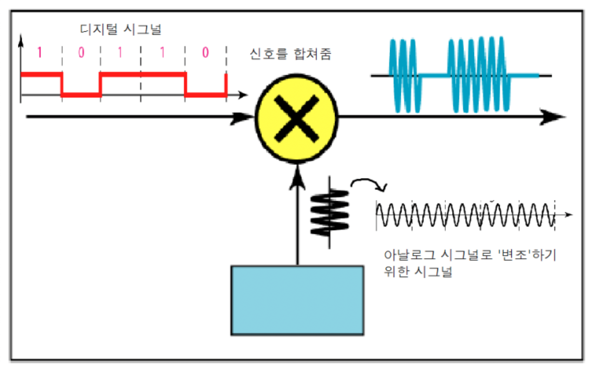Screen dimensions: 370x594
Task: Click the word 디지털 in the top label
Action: click(98, 29)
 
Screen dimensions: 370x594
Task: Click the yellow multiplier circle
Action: click(297, 118)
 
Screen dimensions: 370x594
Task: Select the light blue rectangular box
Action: click(297, 300)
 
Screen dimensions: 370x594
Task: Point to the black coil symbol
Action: click(330, 213)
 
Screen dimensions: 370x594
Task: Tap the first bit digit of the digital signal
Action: click(40, 53)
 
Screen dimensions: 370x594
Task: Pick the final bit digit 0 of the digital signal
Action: click(205, 53)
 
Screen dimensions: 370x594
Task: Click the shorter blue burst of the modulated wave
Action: click(403, 76)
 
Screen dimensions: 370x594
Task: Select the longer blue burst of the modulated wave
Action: click(478, 75)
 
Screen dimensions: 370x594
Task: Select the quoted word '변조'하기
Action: click(527, 255)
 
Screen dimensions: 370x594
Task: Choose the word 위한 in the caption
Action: click(396, 272)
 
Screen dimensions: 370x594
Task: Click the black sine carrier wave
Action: click(465, 215)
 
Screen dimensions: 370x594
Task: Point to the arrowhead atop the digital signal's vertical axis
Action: click(21, 41)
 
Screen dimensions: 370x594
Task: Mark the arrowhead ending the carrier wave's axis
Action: click(569, 215)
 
